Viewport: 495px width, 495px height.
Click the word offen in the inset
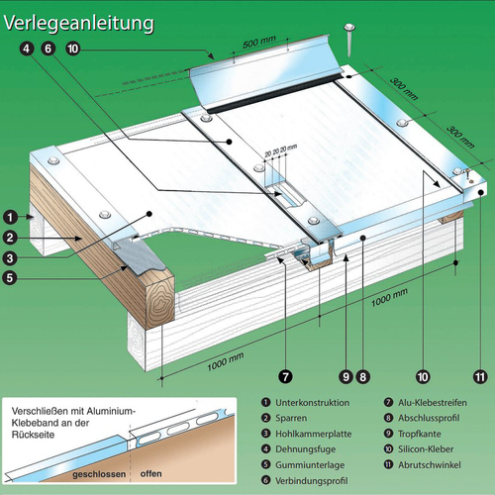(150, 475)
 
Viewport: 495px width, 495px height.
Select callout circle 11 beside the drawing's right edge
(479, 376)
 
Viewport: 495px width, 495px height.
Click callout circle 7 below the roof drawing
(283, 376)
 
